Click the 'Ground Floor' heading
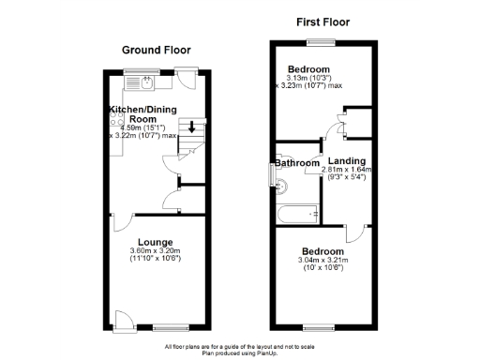pos(156,51)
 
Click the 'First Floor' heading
pos(322,21)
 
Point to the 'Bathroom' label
pos(296,163)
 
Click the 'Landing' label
pos(346,160)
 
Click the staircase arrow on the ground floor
pos(192,127)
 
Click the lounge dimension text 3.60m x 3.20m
pos(156,250)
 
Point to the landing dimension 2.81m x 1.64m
pos(347,170)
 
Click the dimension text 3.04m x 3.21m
pos(322,260)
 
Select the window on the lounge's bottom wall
pos(170,327)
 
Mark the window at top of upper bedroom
pos(322,40)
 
